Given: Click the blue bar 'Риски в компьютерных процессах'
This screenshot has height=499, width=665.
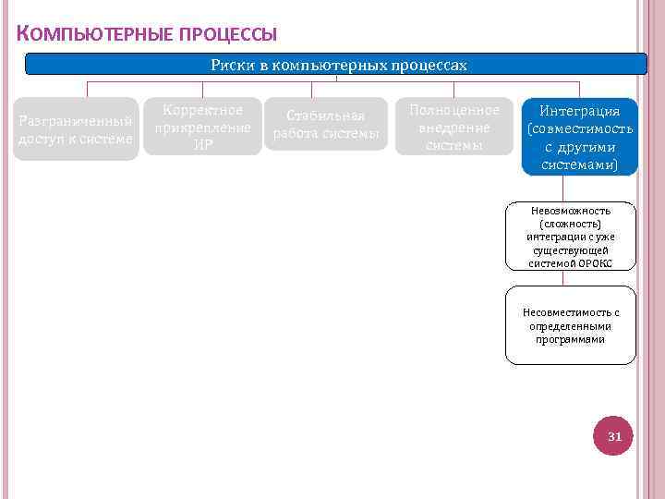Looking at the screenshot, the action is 337,65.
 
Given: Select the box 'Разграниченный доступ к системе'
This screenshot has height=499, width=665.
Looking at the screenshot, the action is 76,129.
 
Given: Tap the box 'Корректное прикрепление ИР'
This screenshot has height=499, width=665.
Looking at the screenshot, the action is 203,127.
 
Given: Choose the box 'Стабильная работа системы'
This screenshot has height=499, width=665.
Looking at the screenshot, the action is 325,125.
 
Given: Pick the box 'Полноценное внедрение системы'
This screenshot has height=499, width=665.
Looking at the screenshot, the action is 453,127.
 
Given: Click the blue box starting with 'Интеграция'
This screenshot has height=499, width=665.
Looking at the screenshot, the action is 579,137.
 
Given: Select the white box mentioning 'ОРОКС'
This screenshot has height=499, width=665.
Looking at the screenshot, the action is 570,237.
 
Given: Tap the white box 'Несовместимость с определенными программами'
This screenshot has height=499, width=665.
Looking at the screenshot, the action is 570,325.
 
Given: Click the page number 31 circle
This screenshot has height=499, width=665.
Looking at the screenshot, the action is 615,435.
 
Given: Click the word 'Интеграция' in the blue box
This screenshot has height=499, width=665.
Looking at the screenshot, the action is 579,112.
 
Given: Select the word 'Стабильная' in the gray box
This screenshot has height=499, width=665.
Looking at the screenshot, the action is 325,116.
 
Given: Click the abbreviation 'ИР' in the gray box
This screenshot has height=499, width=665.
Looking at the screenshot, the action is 203,144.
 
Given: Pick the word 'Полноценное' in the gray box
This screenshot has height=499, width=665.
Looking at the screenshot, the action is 453,110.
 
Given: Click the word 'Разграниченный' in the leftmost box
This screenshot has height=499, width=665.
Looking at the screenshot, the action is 75,121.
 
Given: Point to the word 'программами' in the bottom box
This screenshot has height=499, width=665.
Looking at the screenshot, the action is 570,339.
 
